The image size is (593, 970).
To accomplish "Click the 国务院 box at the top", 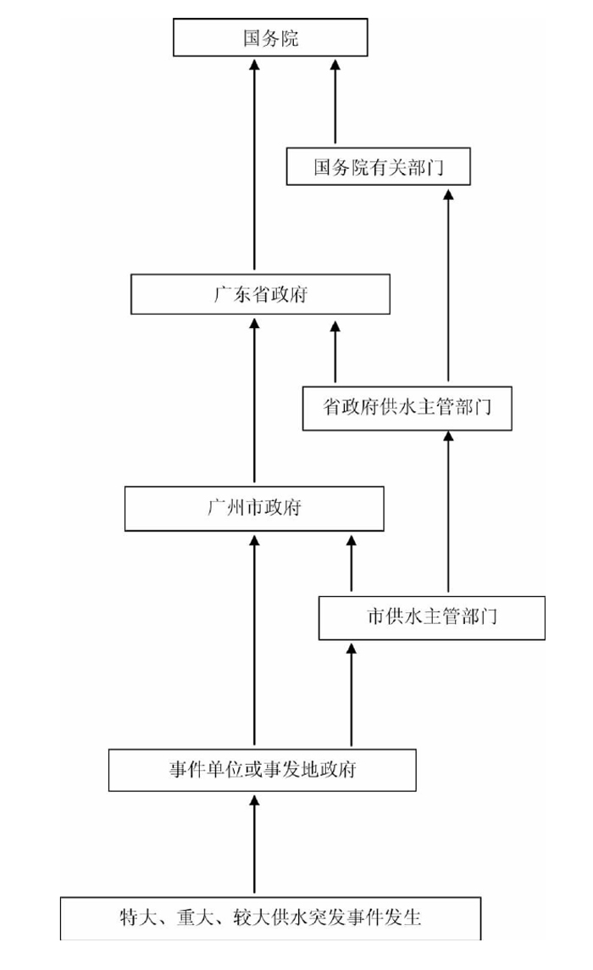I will pos(270,38).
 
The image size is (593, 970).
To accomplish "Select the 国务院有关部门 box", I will pos(378,166).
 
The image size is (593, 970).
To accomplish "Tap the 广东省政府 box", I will pos(260,294).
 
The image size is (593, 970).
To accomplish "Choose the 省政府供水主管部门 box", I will pos(407,407).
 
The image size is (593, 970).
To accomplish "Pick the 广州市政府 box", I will pos(254,509).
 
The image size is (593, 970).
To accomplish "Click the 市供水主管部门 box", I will pos(431,616).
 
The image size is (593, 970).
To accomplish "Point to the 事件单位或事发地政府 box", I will pos(262,770).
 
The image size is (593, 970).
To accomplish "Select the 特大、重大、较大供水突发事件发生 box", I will pos(270,917).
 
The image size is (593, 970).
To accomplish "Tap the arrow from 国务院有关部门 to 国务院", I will pos(335,102).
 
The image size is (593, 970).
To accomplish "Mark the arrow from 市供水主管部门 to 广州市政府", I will pos(351,563).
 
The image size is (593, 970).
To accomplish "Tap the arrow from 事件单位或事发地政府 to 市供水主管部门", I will pos(351,695).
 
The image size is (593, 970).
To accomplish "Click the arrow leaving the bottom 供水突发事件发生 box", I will pos(254,844).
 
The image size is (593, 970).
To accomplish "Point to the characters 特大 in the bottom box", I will pos(135,917).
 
